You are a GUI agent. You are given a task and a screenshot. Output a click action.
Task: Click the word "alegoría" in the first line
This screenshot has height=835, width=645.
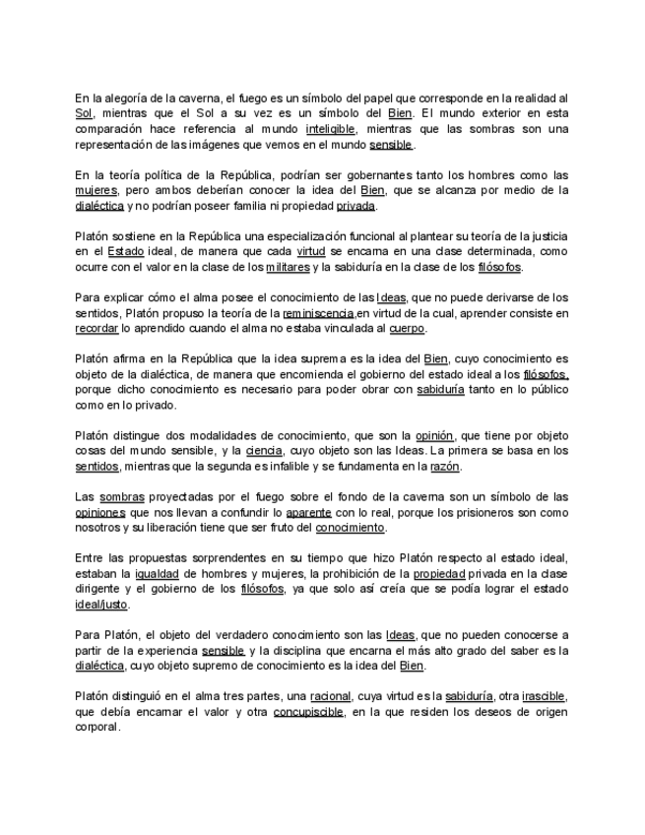pyautogui.click(x=128, y=98)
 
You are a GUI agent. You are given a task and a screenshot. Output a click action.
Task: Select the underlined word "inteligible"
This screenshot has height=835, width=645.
pyautogui.click(x=330, y=129)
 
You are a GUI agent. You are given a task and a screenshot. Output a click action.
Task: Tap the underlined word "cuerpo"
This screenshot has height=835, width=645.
pyautogui.click(x=408, y=328)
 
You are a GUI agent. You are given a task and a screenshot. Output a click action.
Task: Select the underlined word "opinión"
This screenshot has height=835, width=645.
pyautogui.click(x=433, y=435)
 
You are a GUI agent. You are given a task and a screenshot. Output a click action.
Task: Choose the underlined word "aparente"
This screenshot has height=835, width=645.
pyautogui.click(x=308, y=512)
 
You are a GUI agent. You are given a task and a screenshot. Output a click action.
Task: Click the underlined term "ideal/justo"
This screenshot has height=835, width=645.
pyautogui.click(x=101, y=604)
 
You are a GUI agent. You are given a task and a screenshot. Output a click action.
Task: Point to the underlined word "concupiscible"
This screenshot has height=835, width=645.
pyautogui.click(x=309, y=712)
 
